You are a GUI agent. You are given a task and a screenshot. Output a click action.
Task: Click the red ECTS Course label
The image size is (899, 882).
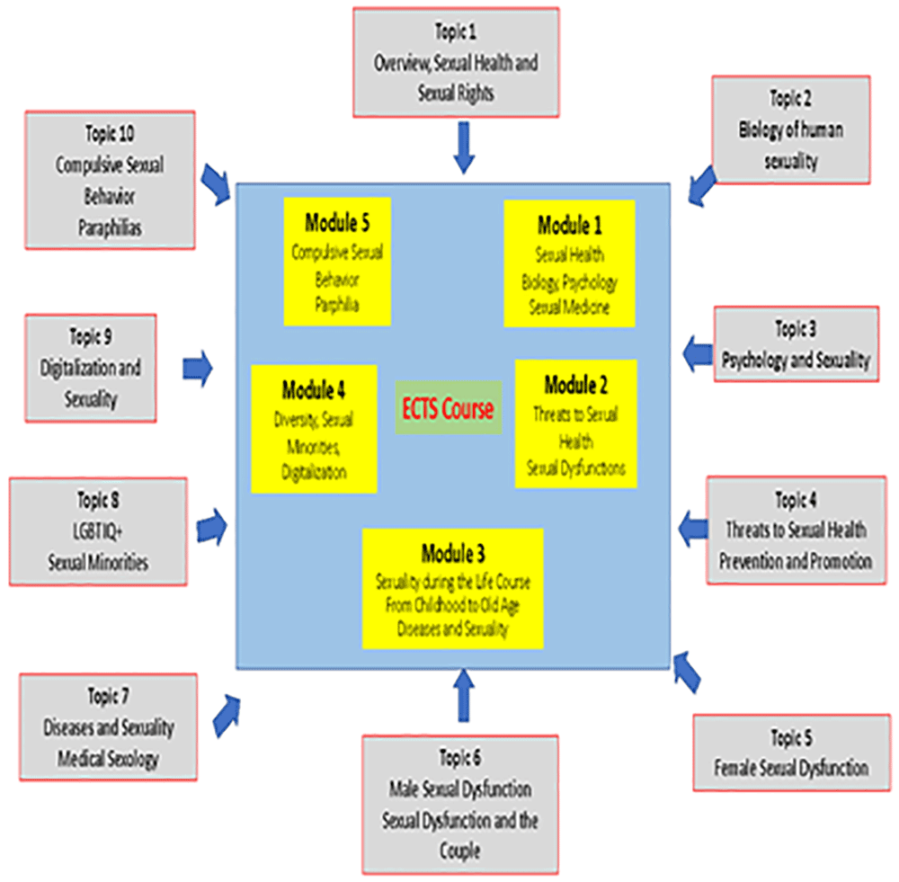pyautogui.click(x=448, y=408)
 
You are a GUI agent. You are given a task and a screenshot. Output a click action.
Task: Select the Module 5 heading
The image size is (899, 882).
pyautogui.click(x=337, y=222)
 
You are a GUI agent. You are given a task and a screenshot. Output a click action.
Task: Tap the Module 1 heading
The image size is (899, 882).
pyautogui.click(x=570, y=226)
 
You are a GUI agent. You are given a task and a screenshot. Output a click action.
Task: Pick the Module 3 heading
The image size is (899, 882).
pyautogui.click(x=453, y=554)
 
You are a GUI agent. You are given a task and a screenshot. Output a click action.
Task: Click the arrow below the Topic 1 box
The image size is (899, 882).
pyautogui.click(x=464, y=147)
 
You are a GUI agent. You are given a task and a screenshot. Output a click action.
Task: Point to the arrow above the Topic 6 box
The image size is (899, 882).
pyautogui.click(x=464, y=695)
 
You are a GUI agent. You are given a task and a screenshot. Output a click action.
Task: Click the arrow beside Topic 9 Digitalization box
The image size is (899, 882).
pyautogui.click(x=198, y=368)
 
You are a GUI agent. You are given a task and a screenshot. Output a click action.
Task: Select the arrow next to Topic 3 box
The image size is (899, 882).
pyautogui.click(x=698, y=352)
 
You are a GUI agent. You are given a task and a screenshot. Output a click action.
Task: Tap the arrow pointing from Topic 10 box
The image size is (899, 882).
pyautogui.click(x=216, y=184)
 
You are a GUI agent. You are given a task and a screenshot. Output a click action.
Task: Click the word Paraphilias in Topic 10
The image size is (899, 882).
pyautogui.click(x=110, y=227)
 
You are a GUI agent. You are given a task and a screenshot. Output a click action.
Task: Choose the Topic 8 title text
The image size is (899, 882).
pyautogui.click(x=99, y=500)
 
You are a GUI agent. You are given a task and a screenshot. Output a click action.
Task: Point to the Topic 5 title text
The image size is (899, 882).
pyautogui.click(x=792, y=737)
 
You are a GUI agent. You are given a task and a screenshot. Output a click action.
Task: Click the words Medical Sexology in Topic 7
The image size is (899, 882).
pyautogui.click(x=108, y=758)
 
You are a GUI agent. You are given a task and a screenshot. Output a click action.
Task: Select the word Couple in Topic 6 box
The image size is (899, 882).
pyautogui.click(x=459, y=850)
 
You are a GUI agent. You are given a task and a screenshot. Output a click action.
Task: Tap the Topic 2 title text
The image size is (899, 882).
pyautogui.click(x=790, y=98)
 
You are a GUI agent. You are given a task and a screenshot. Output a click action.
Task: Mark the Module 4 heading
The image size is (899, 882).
pyautogui.click(x=314, y=390)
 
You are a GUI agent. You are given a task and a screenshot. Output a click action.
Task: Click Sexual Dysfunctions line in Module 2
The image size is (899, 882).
pyautogui.click(x=576, y=468)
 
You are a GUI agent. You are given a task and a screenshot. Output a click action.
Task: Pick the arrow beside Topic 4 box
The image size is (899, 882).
pyautogui.click(x=693, y=529)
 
